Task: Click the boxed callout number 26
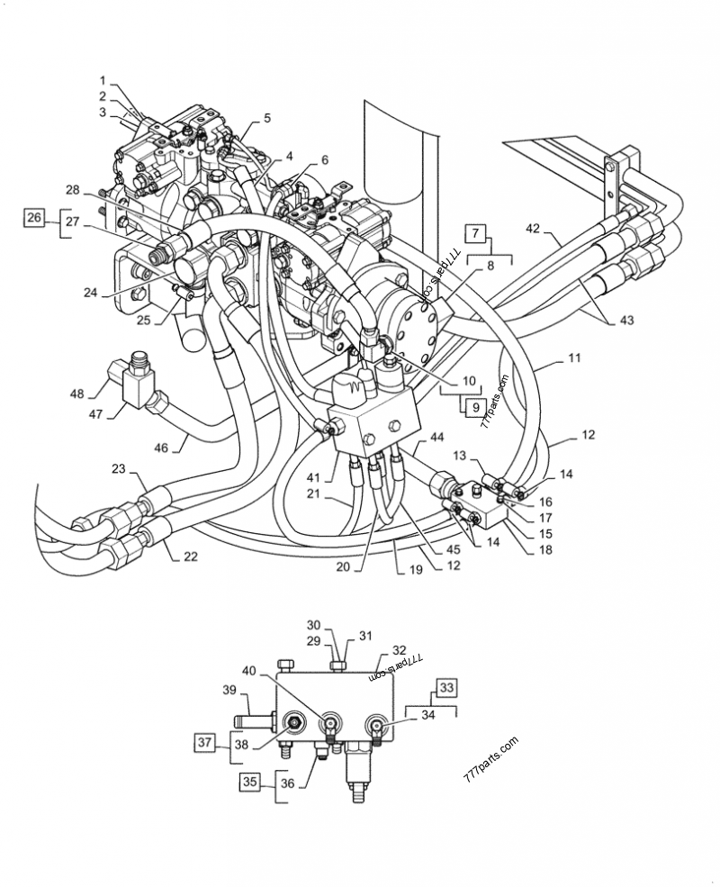pos(33,217)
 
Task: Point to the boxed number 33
pos(447,690)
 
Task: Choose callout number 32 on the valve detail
pos(400,650)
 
